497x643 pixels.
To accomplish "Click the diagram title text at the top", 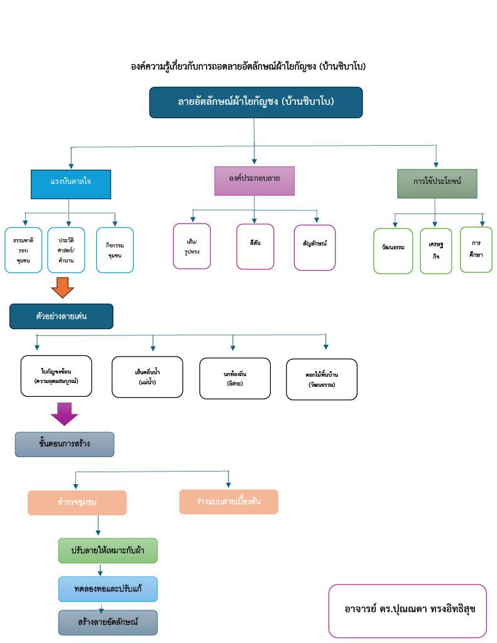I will click(x=248, y=66).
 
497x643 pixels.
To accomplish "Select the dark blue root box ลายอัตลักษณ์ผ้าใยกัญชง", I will click(x=256, y=102).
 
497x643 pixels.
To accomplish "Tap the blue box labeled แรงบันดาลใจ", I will click(x=71, y=183).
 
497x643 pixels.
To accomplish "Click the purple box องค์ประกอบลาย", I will click(x=254, y=181).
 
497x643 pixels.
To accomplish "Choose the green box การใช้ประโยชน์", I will click(x=437, y=183).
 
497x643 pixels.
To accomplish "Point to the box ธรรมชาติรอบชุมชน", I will click(x=23, y=250).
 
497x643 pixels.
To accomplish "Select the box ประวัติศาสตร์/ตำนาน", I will click(x=66, y=250).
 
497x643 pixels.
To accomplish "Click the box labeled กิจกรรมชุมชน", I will click(x=115, y=250).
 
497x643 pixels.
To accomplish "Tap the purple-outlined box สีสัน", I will click(x=255, y=246).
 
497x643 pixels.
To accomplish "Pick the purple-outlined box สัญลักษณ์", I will click(x=315, y=247).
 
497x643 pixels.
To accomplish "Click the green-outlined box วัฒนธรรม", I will click(x=393, y=251).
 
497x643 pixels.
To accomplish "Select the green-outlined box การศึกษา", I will click(x=476, y=249).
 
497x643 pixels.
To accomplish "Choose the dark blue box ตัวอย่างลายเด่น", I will click(x=61, y=316).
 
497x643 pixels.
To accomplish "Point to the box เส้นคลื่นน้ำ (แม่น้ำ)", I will click(x=147, y=377).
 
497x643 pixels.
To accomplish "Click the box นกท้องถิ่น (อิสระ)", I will click(x=234, y=378).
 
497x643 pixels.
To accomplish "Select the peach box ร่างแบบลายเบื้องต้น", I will click(x=228, y=502).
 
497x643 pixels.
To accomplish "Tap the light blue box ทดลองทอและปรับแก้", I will click(x=107, y=589).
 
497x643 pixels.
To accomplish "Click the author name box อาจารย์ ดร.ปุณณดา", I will click(x=407, y=610).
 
